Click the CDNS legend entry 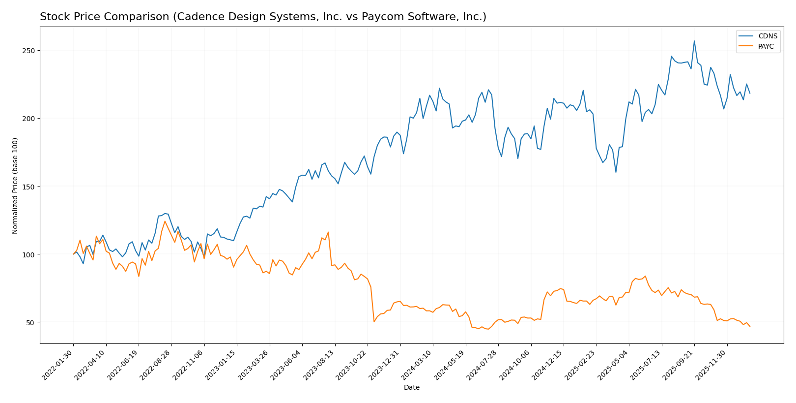pyautogui.click(x=767, y=36)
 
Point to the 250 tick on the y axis pyautogui.click(x=28, y=51)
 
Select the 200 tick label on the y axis pyautogui.click(x=28, y=119)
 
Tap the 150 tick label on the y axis pyautogui.click(x=28, y=186)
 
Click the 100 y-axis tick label pyautogui.click(x=28, y=254)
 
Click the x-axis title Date pyautogui.click(x=412, y=388)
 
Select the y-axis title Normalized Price pyautogui.click(x=15, y=186)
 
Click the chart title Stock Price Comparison pyautogui.click(x=263, y=17)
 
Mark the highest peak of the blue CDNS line pyautogui.click(x=694, y=41)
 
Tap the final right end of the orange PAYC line pyautogui.click(x=750, y=326)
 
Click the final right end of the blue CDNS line pyautogui.click(x=750, y=93)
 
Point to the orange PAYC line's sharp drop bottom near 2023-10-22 pyautogui.click(x=374, y=322)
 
